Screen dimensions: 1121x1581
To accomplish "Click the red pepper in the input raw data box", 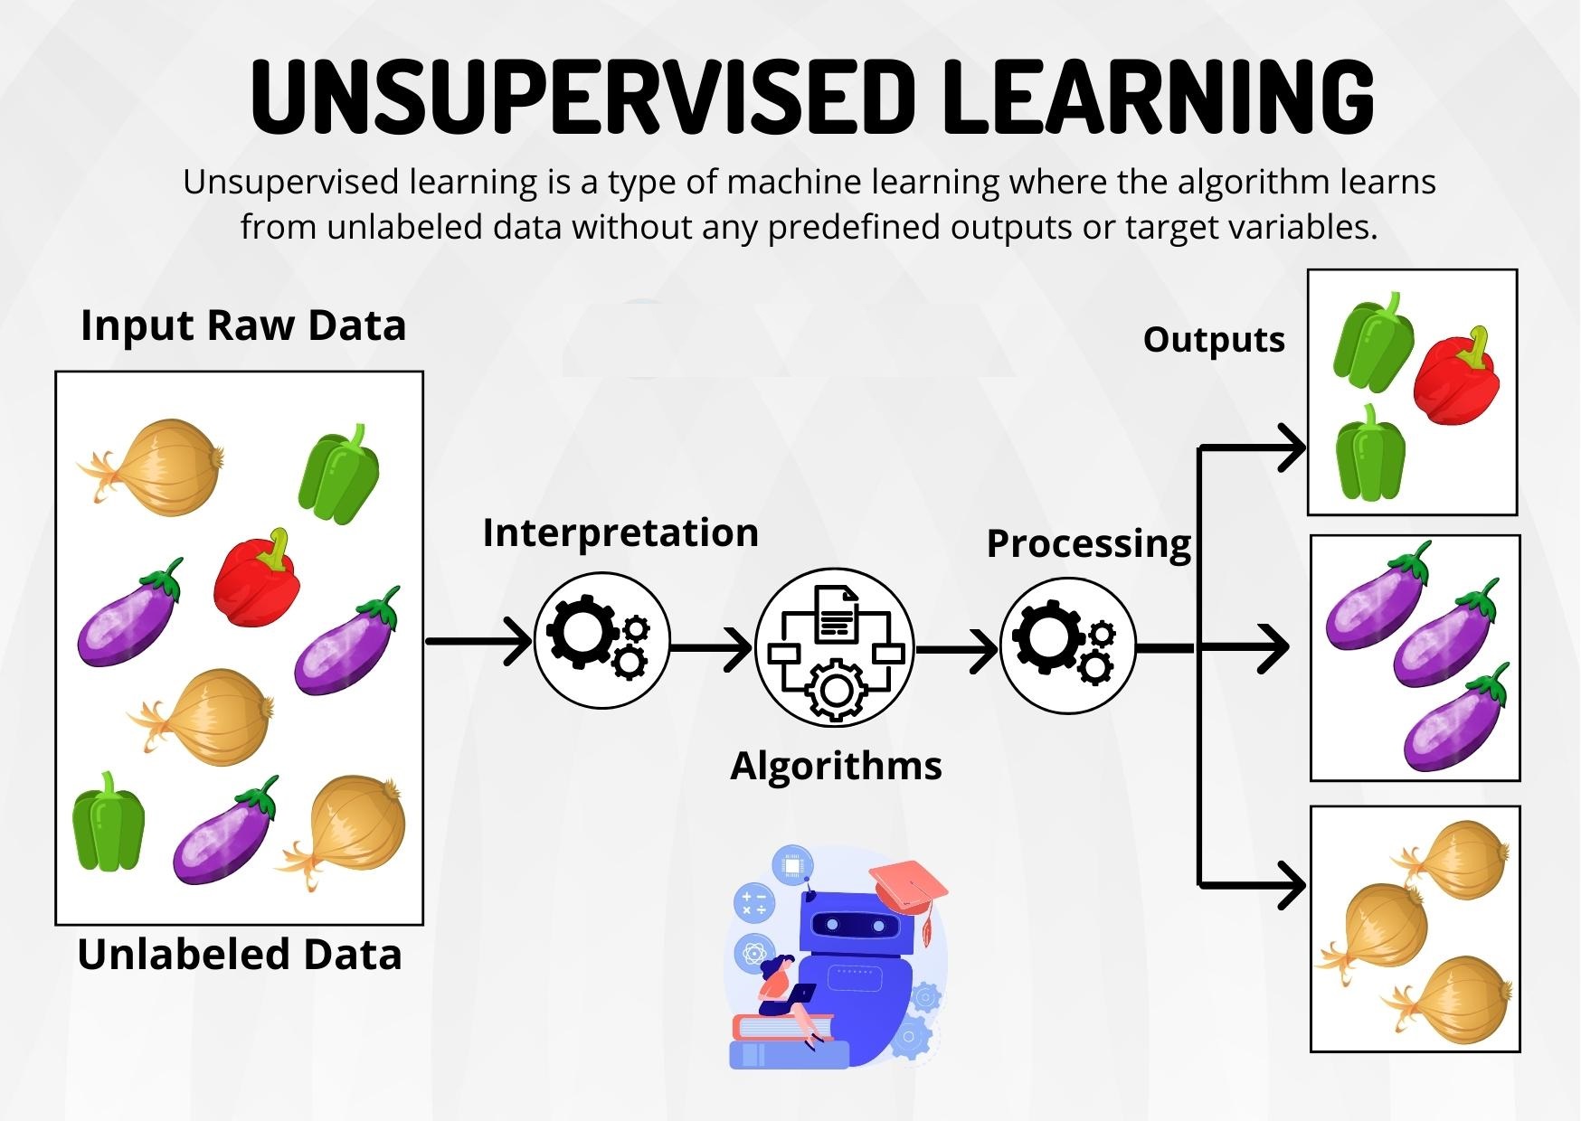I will (x=257, y=579).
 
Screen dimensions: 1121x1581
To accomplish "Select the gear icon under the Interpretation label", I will (x=601, y=640).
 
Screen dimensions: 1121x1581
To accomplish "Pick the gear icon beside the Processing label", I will (x=1067, y=645).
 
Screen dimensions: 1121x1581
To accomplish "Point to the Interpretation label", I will (x=620, y=532).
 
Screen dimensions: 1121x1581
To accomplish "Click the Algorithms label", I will (x=836, y=766).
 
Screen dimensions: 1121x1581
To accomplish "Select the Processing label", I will (x=1089, y=543).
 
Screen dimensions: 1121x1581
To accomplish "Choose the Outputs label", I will (x=1214, y=340).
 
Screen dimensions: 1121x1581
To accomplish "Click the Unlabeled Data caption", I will (x=240, y=955).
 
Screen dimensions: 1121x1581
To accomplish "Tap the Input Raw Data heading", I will (x=243, y=325).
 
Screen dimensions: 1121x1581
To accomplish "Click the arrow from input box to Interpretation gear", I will (x=479, y=641).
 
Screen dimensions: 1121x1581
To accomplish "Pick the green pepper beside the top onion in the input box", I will (x=339, y=474).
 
